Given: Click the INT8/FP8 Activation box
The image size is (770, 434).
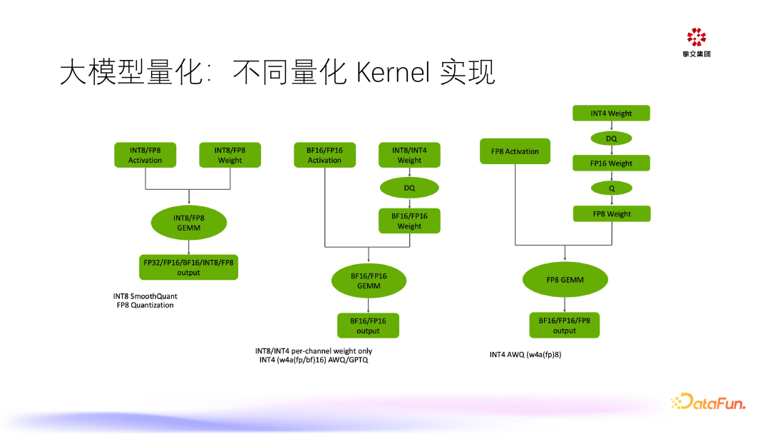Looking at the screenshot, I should [145, 155].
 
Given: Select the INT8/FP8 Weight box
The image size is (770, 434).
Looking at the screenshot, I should [230, 155].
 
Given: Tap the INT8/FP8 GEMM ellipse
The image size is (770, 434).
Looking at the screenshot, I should [188, 223].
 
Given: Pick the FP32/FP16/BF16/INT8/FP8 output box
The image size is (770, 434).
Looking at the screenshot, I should [188, 267].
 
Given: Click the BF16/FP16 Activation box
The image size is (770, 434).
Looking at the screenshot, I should [325, 155].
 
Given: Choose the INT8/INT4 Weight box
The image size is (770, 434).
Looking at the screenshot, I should [409, 155].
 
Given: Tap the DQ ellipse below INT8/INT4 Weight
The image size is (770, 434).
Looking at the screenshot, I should [409, 188].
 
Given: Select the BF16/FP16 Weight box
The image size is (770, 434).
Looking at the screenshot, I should [409, 221].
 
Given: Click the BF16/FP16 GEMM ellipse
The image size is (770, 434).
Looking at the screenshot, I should [368, 281].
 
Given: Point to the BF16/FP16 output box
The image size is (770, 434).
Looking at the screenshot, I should [368, 325].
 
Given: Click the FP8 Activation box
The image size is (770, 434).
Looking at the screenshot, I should [515, 151].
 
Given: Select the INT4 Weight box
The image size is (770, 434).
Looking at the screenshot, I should [611, 113].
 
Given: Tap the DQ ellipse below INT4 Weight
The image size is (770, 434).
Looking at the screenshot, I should [611, 138].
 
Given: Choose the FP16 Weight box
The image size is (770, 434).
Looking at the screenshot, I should [611, 163].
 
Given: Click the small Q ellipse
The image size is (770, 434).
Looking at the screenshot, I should [611, 188].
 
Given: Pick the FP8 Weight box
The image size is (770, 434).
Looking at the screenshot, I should [611, 213].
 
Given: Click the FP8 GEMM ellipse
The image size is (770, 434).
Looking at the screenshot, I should [565, 280].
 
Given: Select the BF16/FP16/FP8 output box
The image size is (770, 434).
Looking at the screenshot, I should [565, 325].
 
